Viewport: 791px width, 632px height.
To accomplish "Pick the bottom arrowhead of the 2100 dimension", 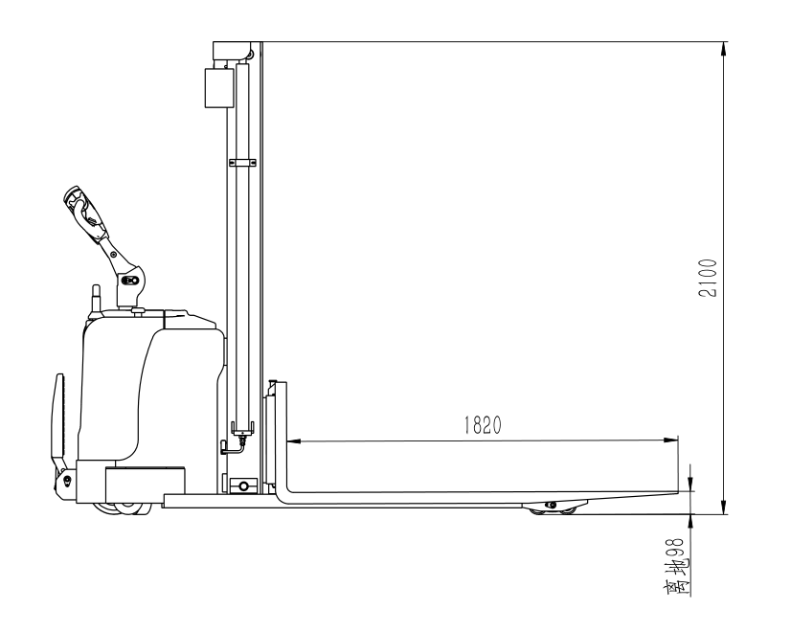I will click(x=725, y=508).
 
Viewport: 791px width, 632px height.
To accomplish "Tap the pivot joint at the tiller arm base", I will click(x=130, y=281).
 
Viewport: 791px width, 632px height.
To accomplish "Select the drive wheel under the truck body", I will click(x=124, y=508).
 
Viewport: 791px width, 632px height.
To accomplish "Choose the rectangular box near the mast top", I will click(x=217, y=88).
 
